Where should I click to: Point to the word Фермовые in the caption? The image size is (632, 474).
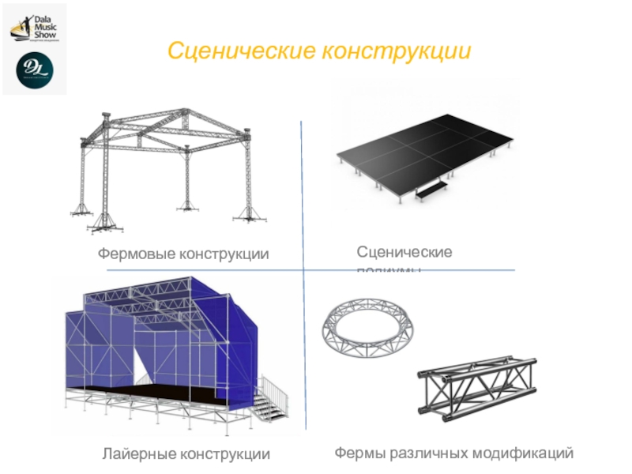tap(134, 254)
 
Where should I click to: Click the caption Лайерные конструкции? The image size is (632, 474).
tap(186, 454)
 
